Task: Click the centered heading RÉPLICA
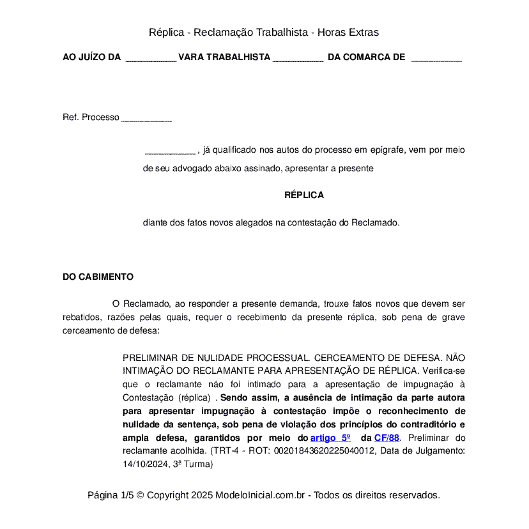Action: click(x=304, y=195)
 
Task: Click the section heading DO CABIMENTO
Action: click(x=98, y=277)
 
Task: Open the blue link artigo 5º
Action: click(x=330, y=438)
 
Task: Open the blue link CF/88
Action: click(x=387, y=438)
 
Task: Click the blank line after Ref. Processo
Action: click(x=146, y=118)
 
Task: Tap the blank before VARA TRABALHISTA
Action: click(x=151, y=58)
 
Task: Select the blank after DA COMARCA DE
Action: click(x=436, y=58)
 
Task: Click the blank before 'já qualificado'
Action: click(x=170, y=151)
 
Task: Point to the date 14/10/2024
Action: click(x=144, y=464)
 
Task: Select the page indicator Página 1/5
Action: click(x=111, y=495)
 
